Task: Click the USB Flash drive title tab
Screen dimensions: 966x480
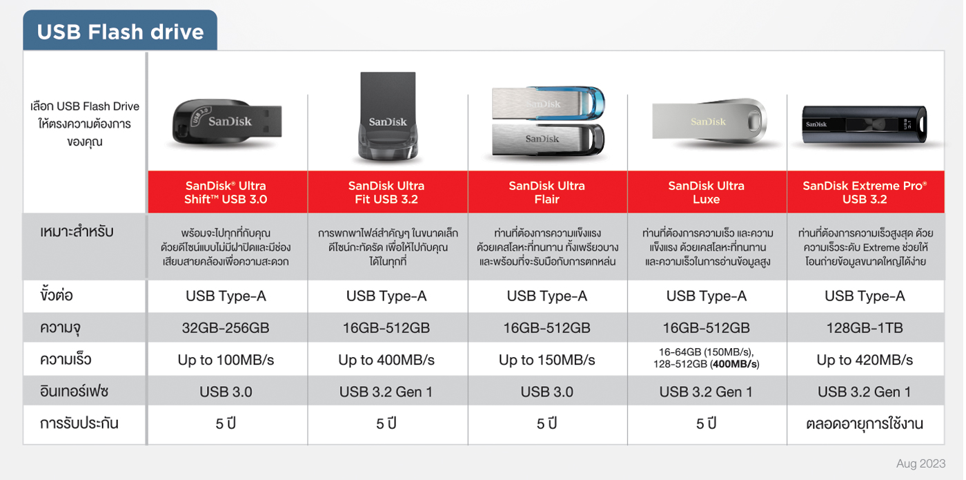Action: click(x=120, y=30)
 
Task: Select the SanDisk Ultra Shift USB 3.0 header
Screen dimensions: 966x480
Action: click(x=227, y=192)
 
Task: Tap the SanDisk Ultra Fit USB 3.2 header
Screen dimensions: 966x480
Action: click(x=387, y=192)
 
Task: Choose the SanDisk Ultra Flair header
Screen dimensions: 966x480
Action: click(x=546, y=192)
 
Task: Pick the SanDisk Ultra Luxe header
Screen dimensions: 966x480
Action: click(x=707, y=192)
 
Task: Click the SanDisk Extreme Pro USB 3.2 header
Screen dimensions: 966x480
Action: click(x=865, y=192)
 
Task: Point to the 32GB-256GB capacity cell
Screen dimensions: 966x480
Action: click(x=226, y=328)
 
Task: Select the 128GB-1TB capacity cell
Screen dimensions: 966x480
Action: click(x=865, y=328)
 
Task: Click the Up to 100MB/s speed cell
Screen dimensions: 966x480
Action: click(x=226, y=360)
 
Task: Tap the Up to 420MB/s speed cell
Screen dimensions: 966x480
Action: click(x=865, y=360)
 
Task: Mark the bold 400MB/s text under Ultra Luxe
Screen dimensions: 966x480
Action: click(x=735, y=364)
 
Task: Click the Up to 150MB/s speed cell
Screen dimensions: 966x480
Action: click(x=546, y=360)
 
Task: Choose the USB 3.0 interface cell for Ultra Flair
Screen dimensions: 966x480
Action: click(x=546, y=392)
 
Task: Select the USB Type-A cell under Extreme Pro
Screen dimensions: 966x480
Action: click(x=865, y=296)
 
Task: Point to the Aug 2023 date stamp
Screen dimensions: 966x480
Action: click(x=920, y=463)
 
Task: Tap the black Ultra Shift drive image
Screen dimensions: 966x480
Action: click(x=227, y=122)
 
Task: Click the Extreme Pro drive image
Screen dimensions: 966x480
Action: click(x=864, y=124)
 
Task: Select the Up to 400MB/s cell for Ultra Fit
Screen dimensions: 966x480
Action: click(x=386, y=360)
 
